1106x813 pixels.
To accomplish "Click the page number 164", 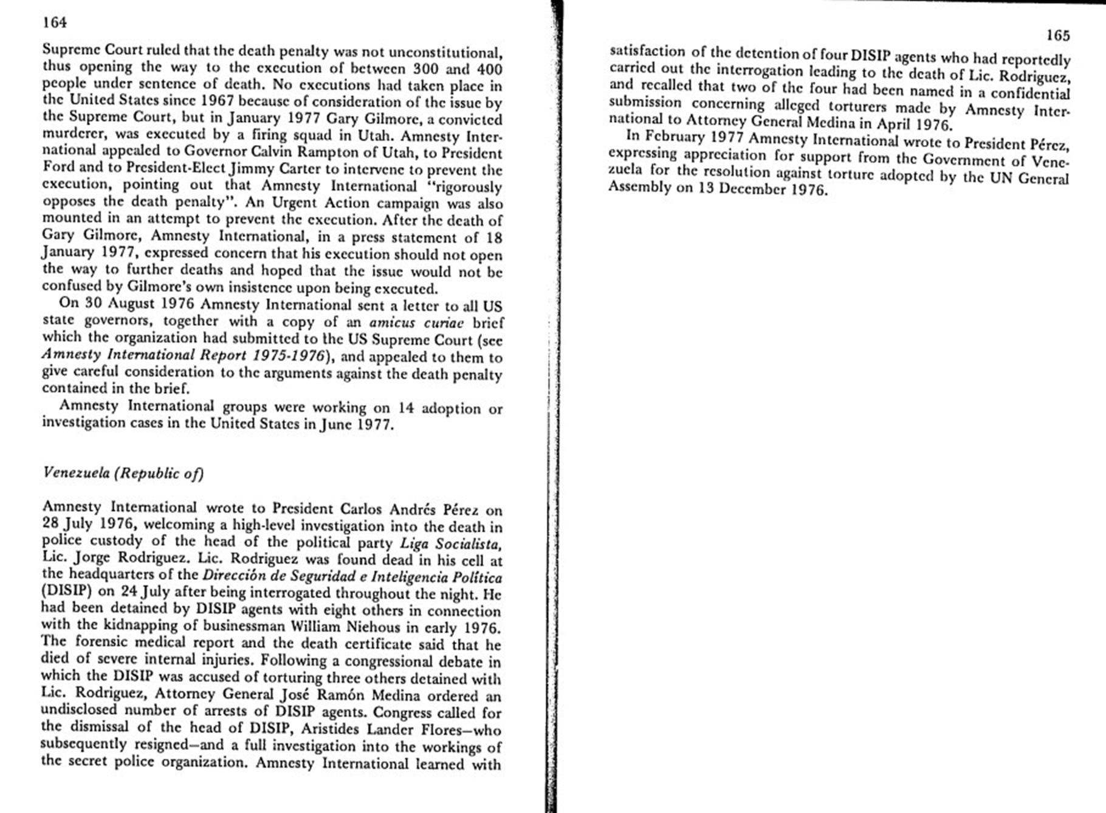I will click(x=55, y=22).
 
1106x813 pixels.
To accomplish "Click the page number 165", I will click(x=1057, y=35).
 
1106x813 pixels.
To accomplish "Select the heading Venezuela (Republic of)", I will click(x=123, y=473).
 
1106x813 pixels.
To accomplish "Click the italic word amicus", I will click(x=392, y=322).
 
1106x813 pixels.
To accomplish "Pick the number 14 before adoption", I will click(x=405, y=407).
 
